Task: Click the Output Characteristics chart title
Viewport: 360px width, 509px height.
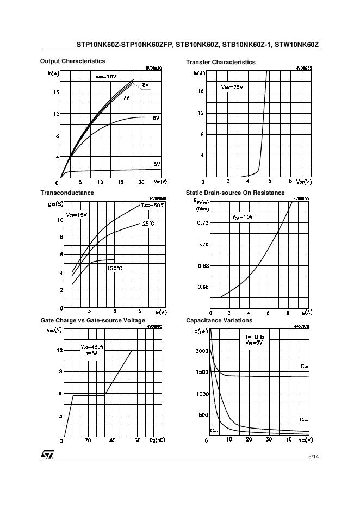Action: [x=72, y=61]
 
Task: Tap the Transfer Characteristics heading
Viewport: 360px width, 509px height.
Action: [x=220, y=62]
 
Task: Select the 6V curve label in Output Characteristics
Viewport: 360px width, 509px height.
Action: [x=156, y=118]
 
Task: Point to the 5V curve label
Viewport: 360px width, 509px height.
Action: [x=157, y=164]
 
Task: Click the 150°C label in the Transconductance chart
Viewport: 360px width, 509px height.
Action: [x=114, y=268]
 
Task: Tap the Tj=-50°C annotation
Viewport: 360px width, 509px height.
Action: [x=152, y=206]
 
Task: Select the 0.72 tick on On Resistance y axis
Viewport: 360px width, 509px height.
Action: [x=202, y=223]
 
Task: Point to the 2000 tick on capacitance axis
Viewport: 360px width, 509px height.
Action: [x=201, y=351]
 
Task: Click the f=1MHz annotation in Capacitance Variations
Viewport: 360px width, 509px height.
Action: [x=254, y=337]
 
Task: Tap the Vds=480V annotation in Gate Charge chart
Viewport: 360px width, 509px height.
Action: [x=92, y=346]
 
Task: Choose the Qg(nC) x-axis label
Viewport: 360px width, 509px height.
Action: [x=157, y=440]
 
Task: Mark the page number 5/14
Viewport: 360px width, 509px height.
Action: [x=313, y=457]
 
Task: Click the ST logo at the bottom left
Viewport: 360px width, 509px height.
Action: [x=47, y=455]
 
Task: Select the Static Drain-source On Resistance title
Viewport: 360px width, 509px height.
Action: [x=235, y=193]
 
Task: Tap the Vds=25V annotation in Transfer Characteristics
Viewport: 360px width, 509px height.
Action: [x=232, y=87]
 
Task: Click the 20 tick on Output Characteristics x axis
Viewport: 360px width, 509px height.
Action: [x=141, y=182]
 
